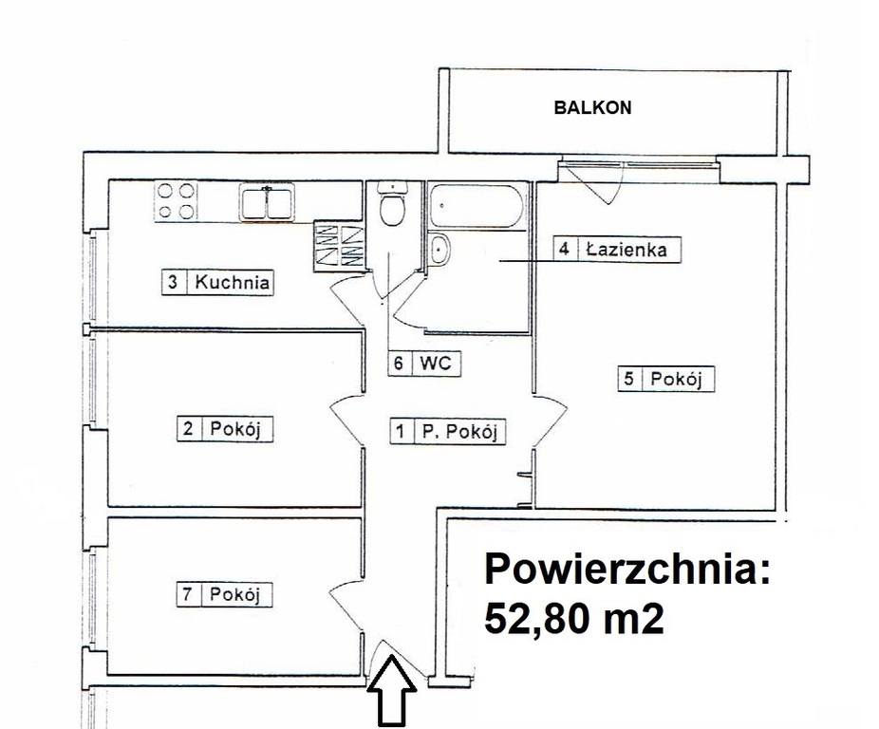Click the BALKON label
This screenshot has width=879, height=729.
[592, 107]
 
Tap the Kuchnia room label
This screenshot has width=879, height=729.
[232, 282]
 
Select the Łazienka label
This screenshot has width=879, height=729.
[627, 249]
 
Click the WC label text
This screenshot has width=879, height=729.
[436, 363]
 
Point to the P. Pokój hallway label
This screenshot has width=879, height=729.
[459, 431]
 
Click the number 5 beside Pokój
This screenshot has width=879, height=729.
[629, 379]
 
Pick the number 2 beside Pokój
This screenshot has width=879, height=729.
[188, 428]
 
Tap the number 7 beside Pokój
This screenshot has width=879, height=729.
[188, 594]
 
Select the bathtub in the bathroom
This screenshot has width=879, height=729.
[477, 206]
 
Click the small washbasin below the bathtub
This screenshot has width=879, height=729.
[439, 250]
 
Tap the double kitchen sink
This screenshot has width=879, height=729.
[267, 202]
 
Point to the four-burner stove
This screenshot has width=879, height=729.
[176, 201]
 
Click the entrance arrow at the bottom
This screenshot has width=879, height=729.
[391, 691]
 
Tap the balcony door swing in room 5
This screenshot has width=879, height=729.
[594, 182]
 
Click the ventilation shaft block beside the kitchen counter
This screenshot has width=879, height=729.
[339, 246]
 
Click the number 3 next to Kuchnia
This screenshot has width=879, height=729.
[173, 282]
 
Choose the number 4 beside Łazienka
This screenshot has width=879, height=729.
[565, 249]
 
